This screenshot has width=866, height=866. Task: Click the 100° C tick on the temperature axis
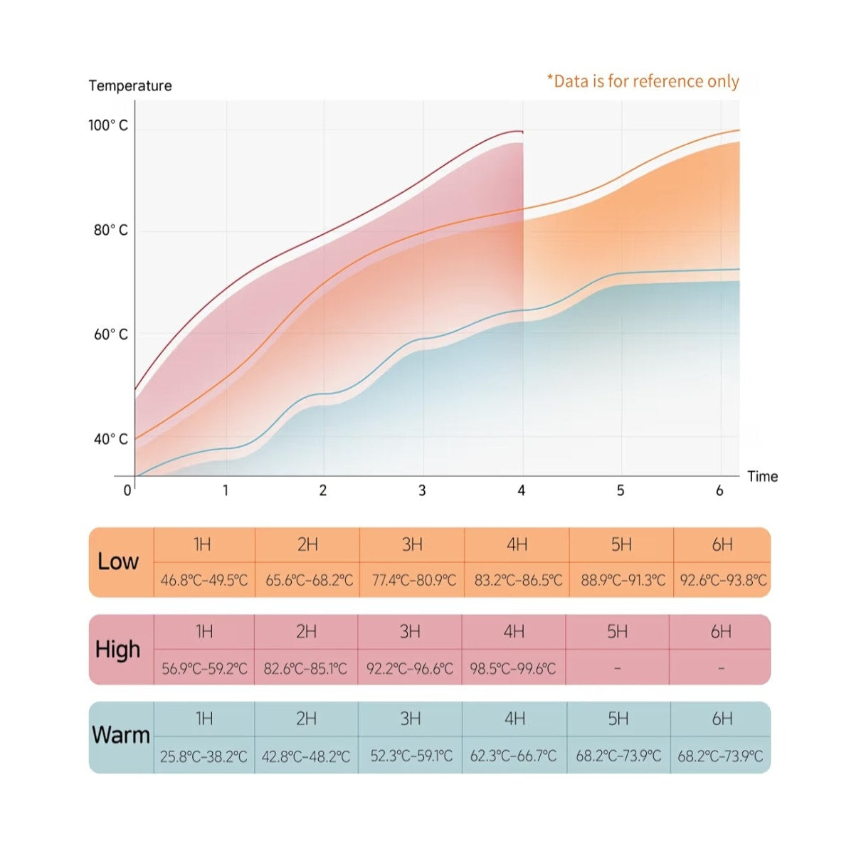108,125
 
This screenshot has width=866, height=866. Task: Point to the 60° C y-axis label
111,334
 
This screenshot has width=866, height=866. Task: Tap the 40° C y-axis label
111,439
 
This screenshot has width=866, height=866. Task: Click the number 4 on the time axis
522,490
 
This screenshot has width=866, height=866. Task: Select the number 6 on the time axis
719,490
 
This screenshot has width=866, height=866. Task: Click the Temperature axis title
130,86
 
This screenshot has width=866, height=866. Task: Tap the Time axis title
762,477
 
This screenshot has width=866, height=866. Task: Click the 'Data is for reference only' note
643,81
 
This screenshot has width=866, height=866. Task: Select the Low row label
118,561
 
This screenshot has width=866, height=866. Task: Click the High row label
118,649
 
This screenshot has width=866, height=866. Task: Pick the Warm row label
121,735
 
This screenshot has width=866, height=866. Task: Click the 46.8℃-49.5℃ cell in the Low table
204,580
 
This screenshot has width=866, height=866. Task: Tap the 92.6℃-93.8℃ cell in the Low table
723,580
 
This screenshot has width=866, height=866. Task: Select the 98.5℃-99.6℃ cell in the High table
513,669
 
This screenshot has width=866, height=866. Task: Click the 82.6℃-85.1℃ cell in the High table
305,669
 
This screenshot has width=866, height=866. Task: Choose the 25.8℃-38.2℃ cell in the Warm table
204,756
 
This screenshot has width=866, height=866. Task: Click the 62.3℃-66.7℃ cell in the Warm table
514,756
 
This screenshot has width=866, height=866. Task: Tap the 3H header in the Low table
412,545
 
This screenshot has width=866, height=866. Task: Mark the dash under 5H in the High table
617,669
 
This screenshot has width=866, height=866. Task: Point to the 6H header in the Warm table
722,719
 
